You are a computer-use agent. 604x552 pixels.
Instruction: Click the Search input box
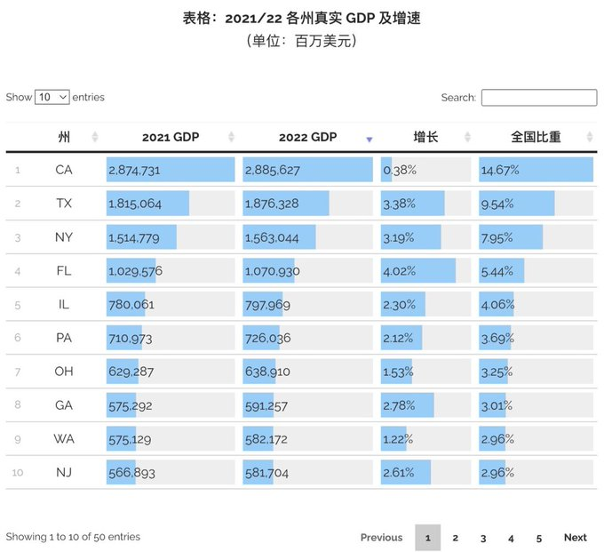point(538,98)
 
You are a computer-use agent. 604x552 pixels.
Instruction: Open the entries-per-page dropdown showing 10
point(52,98)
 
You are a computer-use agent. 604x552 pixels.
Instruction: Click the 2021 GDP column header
point(171,137)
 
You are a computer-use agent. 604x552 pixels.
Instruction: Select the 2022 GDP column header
point(307,137)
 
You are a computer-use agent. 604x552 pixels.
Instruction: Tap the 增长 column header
point(425,137)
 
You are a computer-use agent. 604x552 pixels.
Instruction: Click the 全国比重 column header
point(536,137)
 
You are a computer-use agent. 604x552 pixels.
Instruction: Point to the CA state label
point(64,170)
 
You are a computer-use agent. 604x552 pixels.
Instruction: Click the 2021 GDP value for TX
point(135,204)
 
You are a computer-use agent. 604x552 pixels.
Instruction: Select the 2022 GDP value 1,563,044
point(272,237)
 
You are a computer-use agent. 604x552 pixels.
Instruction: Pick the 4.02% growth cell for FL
point(399,271)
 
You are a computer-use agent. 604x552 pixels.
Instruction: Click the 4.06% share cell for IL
point(497,305)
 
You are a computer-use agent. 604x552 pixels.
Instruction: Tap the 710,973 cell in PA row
point(131,339)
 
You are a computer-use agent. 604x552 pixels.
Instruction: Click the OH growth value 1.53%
point(399,372)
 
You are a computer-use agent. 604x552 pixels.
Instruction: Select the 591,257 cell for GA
point(267,406)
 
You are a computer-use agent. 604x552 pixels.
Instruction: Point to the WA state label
point(64,439)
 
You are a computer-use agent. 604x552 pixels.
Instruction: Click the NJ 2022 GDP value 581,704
point(267,473)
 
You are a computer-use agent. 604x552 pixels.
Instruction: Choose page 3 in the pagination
point(483,538)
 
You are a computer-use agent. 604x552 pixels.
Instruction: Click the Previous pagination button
point(381,538)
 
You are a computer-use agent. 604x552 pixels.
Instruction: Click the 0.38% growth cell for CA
point(399,170)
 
